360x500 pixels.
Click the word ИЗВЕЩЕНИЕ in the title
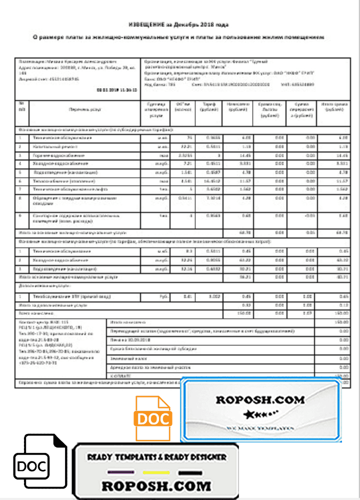(146, 24)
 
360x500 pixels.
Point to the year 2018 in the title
(203, 24)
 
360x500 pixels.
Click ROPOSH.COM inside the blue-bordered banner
(260, 399)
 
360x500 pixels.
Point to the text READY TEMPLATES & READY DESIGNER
(156, 457)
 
